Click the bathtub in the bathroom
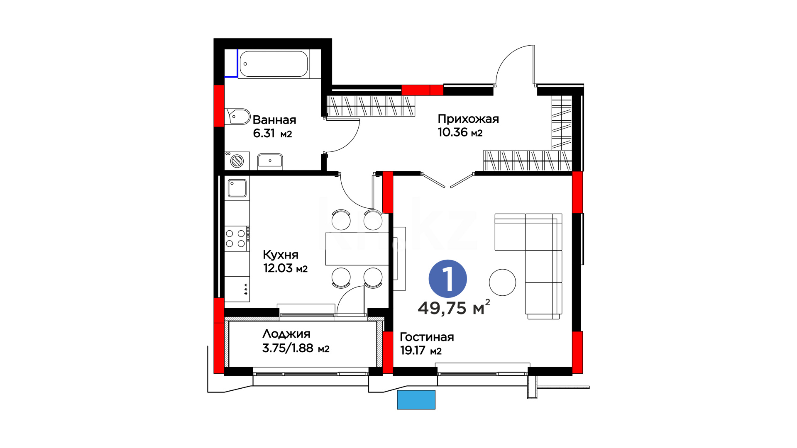click(274, 64)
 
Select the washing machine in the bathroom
click(237, 161)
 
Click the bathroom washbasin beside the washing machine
click(270, 161)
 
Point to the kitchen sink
click(237, 188)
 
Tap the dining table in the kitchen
click(357, 249)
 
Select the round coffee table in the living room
click(502, 282)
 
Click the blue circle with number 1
click(447, 279)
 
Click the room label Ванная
click(274, 120)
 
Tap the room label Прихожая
click(468, 119)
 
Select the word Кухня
click(281, 255)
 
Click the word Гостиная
click(427, 337)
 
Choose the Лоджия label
click(286, 334)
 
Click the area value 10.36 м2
click(460, 132)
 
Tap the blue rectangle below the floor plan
click(416, 400)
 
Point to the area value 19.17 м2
click(421, 351)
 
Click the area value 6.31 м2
click(272, 134)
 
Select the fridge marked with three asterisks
click(237, 289)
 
